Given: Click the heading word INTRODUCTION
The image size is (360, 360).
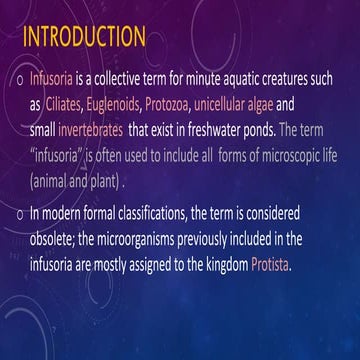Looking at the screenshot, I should (84, 38).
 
